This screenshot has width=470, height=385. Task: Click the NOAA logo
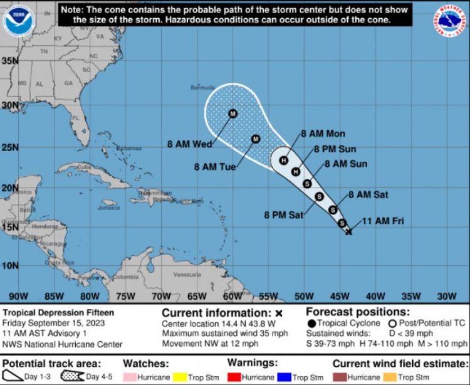point(18,21)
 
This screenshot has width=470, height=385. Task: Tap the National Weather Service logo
point(451,21)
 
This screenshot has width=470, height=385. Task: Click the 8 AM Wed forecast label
point(189,144)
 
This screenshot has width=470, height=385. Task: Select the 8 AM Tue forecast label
point(215,167)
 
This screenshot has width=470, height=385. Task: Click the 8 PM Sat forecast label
point(283,215)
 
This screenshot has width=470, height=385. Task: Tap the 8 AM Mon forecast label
point(323,134)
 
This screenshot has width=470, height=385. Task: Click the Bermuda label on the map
point(202,87)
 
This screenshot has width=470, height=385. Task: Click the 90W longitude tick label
point(19,296)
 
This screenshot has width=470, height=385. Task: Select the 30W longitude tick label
point(446,296)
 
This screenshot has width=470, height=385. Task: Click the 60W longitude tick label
point(232,296)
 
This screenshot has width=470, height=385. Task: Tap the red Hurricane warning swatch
point(236,377)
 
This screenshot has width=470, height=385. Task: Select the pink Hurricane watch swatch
point(132,377)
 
